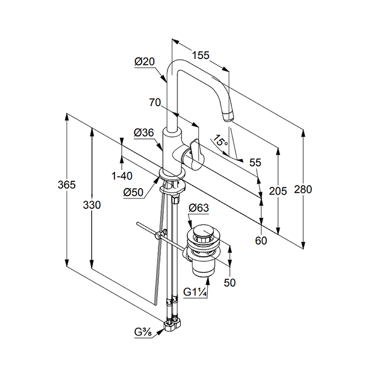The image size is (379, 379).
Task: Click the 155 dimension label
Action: pyautogui.click(x=200, y=55)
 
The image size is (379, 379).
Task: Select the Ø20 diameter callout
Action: pyautogui.click(x=144, y=61)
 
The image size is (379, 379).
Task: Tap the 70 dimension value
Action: pyautogui.click(x=155, y=102)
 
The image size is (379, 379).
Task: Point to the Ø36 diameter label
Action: pyautogui.click(x=144, y=133)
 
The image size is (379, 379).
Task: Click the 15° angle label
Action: pyautogui.click(x=220, y=141)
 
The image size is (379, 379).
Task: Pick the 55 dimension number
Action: pyautogui.click(x=255, y=163)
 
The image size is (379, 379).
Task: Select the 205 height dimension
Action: pyautogui.click(x=278, y=191)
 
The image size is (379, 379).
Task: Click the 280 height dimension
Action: pyautogui.click(x=303, y=189)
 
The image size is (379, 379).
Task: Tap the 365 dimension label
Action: pyautogui.click(x=67, y=185)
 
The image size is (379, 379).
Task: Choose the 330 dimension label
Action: pyautogui.click(x=92, y=205)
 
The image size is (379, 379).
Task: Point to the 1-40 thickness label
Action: pyautogui.click(x=122, y=176)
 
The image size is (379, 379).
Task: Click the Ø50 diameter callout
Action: pyautogui.click(x=133, y=193)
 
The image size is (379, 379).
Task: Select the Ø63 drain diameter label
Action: pyautogui.click(x=199, y=208)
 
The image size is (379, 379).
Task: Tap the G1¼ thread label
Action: pyautogui.click(x=195, y=292)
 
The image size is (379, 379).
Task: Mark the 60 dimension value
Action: pyautogui.click(x=261, y=240)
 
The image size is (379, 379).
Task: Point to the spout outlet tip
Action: pyautogui.click(x=228, y=117)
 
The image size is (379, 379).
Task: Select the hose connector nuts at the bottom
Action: pyautogui.click(x=172, y=325)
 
